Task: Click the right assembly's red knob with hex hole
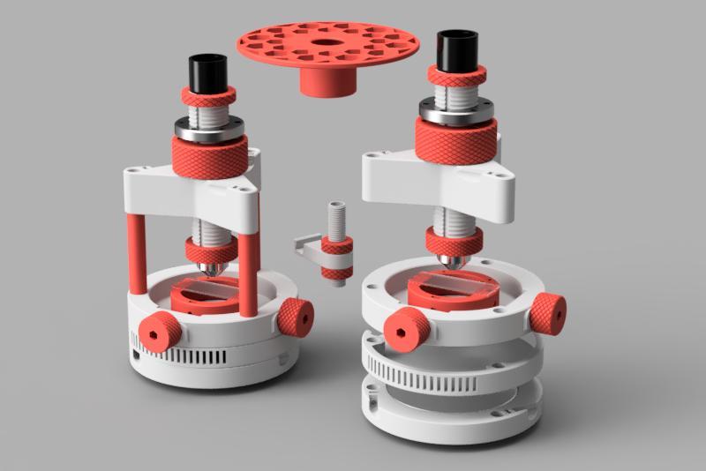point(408,330)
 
